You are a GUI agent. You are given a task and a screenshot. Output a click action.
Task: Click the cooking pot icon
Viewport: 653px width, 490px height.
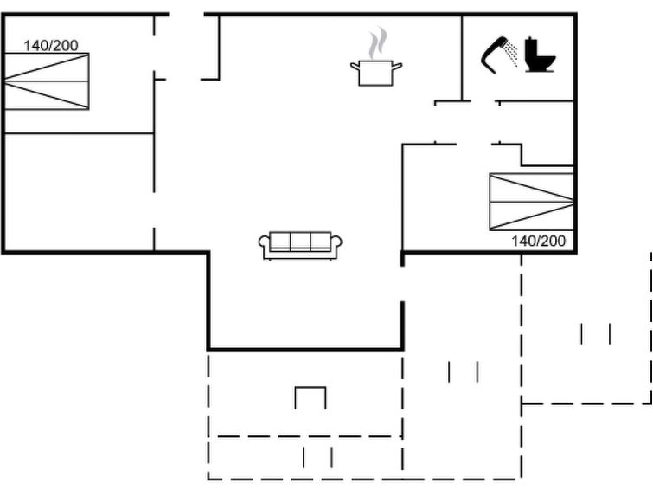click(376, 72)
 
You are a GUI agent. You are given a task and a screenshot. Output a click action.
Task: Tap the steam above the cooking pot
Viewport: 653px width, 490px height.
click(376, 43)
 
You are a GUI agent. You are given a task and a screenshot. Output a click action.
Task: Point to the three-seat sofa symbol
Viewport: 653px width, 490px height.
click(300, 244)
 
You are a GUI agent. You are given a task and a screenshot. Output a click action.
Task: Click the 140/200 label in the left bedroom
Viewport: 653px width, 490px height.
click(50, 45)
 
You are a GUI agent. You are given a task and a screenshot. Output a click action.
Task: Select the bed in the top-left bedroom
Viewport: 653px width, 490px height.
click(47, 81)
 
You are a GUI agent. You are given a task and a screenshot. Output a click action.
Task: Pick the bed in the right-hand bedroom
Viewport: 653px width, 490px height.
click(531, 202)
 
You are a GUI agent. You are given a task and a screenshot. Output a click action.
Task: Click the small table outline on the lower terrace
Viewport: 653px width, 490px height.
click(310, 399)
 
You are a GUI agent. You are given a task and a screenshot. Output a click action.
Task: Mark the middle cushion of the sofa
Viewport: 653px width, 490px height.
click(300, 242)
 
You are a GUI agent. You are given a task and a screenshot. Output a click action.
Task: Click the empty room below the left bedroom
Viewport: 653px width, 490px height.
click(78, 192)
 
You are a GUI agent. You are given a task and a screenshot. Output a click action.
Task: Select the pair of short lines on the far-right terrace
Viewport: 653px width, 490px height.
click(596, 333)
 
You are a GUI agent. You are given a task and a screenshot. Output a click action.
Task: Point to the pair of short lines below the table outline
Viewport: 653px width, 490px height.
click(317, 457)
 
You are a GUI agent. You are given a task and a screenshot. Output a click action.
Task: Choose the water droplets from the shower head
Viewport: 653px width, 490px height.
click(512, 52)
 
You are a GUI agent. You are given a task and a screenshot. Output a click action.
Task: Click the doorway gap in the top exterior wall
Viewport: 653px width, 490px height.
click(186, 15)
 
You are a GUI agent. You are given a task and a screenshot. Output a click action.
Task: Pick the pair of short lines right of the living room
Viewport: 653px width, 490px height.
click(463, 371)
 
